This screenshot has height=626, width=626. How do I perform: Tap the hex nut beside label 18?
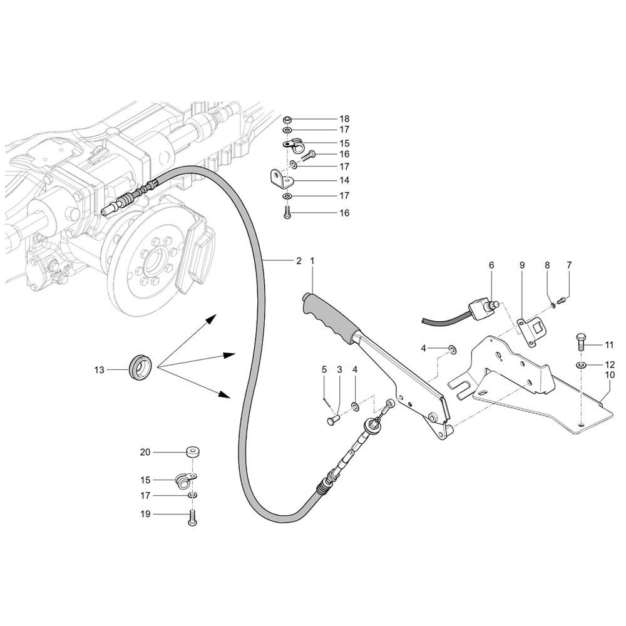(x=286, y=119)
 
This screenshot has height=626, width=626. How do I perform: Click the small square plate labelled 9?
(x=531, y=330)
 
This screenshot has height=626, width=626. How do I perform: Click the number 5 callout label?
(x=324, y=369)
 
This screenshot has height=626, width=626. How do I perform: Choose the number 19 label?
(x=145, y=515)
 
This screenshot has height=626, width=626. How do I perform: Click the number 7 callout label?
(x=569, y=265)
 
